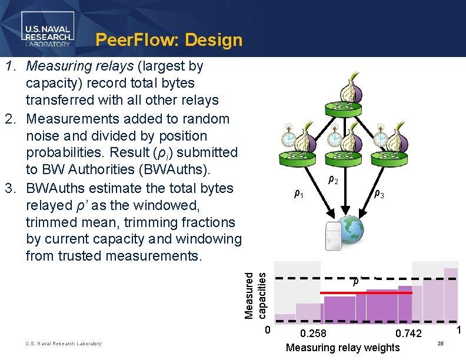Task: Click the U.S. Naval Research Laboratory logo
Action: [48, 31]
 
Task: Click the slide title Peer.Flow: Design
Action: [169, 40]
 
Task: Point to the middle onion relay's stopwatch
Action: [334, 137]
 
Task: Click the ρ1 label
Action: [298, 194]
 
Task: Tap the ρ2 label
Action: [332, 180]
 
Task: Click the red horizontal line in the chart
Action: [366, 292]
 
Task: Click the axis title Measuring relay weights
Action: [342, 348]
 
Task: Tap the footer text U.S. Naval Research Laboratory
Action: [63, 344]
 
